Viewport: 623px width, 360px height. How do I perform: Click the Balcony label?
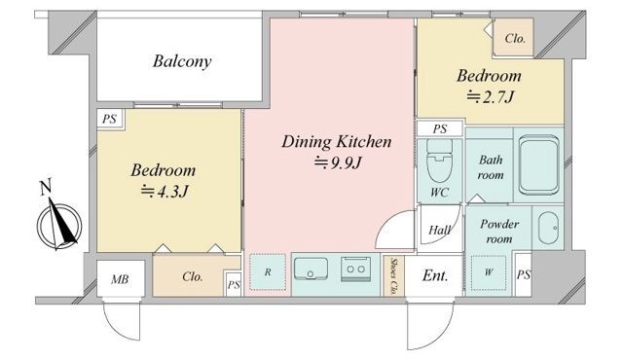(x=182, y=61)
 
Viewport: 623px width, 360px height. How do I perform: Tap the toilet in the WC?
(x=439, y=160)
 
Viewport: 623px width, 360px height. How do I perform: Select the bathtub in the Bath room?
(x=538, y=165)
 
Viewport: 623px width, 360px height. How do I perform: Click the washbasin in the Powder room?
(x=548, y=228)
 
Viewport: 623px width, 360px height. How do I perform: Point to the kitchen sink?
(x=311, y=270)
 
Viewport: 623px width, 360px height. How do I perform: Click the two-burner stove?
(x=355, y=269)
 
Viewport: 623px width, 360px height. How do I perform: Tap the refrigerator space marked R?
(x=268, y=272)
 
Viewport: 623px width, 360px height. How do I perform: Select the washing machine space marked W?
(x=489, y=272)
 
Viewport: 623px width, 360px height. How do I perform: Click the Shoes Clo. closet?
(x=393, y=276)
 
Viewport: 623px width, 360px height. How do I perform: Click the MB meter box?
(x=121, y=278)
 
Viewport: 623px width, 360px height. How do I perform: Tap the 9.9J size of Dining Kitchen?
(x=338, y=162)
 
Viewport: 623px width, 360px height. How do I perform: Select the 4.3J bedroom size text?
(x=165, y=192)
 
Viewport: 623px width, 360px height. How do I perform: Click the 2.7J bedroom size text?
(x=491, y=96)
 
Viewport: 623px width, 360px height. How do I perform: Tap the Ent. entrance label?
(x=435, y=275)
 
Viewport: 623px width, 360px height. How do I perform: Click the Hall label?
(x=439, y=231)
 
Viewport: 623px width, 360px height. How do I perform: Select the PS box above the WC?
(x=440, y=129)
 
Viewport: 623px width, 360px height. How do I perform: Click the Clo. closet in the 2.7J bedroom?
(x=513, y=38)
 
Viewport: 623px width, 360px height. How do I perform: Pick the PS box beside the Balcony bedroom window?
(x=110, y=119)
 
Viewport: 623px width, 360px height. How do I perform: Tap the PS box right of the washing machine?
(x=524, y=274)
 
